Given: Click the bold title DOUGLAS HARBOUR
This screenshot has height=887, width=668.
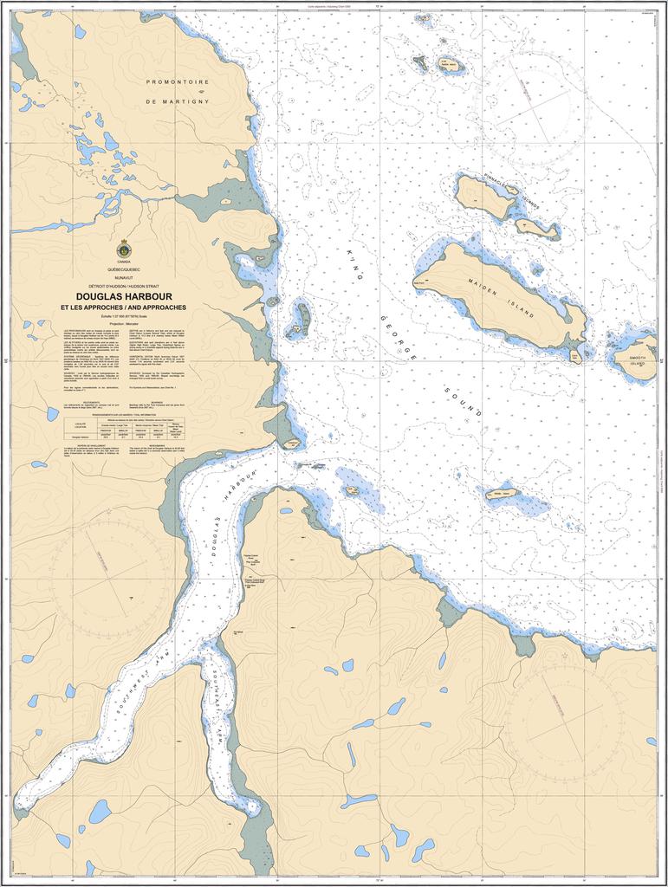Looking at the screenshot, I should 123,295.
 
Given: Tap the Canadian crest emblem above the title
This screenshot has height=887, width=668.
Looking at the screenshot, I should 123,249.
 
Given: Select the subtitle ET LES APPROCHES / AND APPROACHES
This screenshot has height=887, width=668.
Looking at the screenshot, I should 123,308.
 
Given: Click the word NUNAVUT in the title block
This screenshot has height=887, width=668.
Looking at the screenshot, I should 123,277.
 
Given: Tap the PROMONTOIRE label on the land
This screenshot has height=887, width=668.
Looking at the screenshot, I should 178,81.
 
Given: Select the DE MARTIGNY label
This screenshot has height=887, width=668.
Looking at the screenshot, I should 178,101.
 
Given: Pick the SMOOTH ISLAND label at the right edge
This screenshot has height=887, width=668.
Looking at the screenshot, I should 637,359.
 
